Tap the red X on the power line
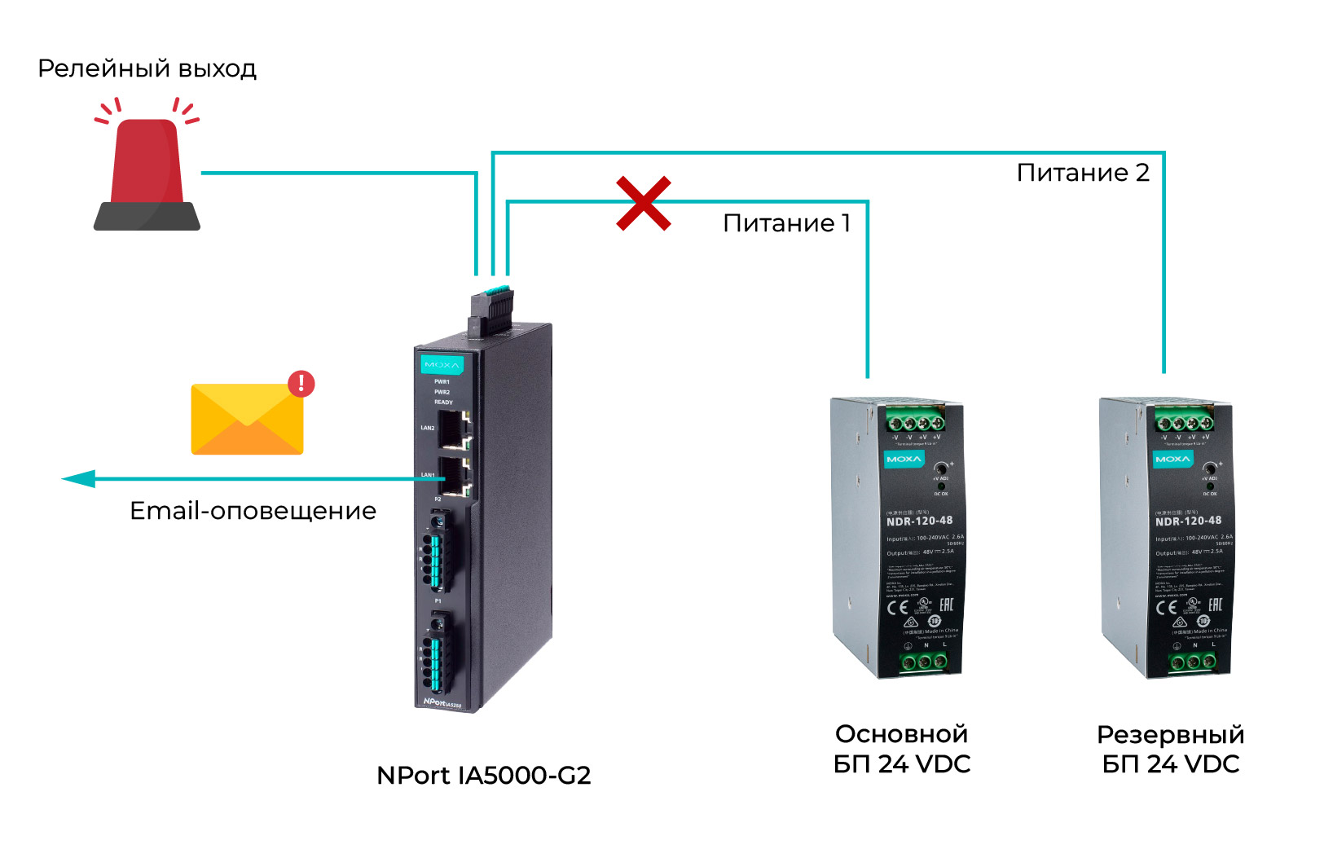coord(644,203)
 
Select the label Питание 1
coord(786,223)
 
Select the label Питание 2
coord(1083,173)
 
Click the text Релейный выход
coord(147,68)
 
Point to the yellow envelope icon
coord(247,419)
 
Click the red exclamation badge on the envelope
coord(301,383)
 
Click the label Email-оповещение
coord(253,511)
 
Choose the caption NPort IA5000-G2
coord(483,775)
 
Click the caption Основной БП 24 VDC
coord(902,749)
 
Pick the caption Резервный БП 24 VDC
coord(1170,749)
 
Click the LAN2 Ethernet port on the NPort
coord(452,429)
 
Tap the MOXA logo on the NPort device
coord(442,364)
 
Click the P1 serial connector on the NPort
coord(438,652)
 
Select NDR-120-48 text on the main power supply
coord(919,521)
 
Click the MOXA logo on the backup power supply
coord(1172,460)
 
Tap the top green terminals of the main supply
coord(915,423)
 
